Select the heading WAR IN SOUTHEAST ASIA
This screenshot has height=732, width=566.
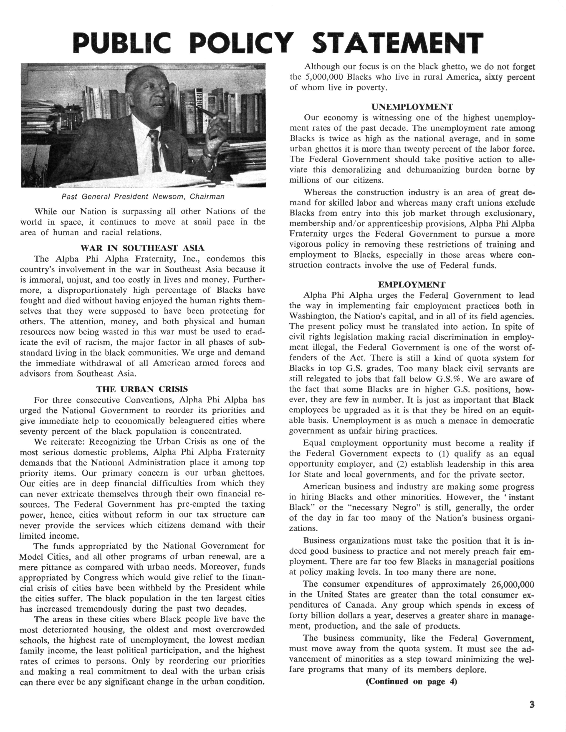142,248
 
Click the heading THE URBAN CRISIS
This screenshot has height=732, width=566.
142,389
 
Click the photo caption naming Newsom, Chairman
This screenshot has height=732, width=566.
143,196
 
